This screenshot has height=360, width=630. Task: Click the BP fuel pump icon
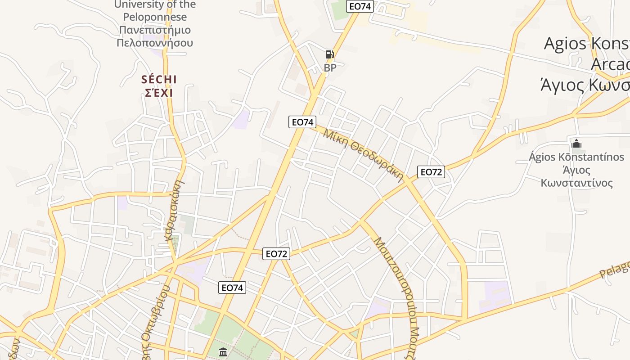point(330,54)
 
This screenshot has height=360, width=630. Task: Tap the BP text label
point(330,68)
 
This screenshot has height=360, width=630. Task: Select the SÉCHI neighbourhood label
point(159,80)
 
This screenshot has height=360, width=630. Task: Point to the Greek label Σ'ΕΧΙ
point(159,93)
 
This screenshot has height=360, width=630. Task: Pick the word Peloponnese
point(155,17)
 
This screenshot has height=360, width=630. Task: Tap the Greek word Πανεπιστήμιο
point(155,30)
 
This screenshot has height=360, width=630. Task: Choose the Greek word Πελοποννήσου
point(155,43)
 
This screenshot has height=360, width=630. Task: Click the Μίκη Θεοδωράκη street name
point(363,154)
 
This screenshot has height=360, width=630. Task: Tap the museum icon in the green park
point(223,352)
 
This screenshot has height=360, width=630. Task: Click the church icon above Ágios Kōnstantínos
point(576,144)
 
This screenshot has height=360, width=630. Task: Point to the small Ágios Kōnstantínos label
point(576,157)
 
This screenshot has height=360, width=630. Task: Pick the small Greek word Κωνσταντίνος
point(576,183)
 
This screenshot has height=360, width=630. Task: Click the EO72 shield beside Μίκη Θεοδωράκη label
point(431,172)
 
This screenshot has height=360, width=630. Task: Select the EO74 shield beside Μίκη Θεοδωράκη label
point(302,122)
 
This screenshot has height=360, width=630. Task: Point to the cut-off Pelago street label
point(615,269)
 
